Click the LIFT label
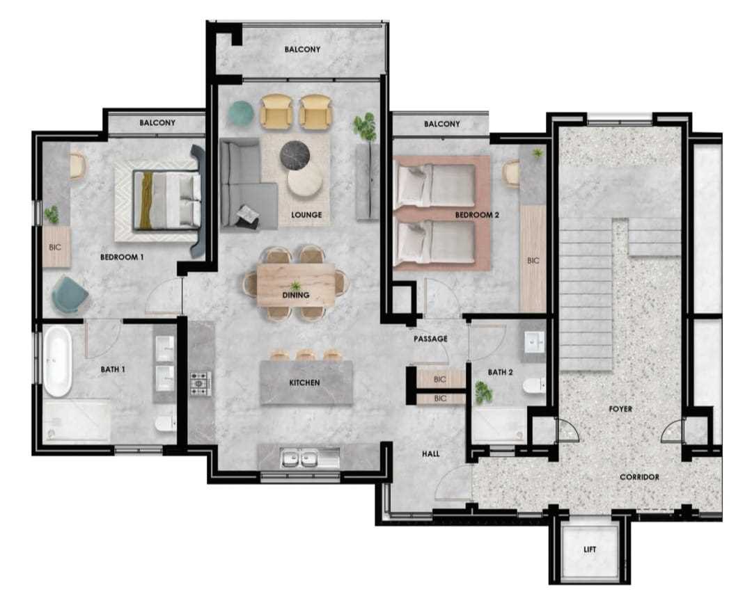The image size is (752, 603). point(590,549)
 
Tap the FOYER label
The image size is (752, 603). point(620,409)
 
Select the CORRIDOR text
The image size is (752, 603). point(639,477)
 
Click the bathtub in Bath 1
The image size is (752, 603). point(58,362)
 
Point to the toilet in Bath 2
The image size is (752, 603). point(534,385)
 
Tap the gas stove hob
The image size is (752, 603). point(201,384)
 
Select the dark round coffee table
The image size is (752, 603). point(295,156)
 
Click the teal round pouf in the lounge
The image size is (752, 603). point(241,114)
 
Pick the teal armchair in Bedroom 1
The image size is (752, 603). point(70,296)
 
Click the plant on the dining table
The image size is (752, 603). point(295,287)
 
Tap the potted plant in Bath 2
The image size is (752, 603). point(483,392)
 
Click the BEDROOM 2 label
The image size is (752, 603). point(477,215)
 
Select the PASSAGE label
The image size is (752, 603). point(430,339)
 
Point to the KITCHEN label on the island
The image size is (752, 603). point(304,383)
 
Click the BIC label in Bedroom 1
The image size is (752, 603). point(55,248)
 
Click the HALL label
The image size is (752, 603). point(431,453)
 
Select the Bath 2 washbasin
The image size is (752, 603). point(535,342)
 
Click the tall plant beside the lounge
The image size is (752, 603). point(366,127)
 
